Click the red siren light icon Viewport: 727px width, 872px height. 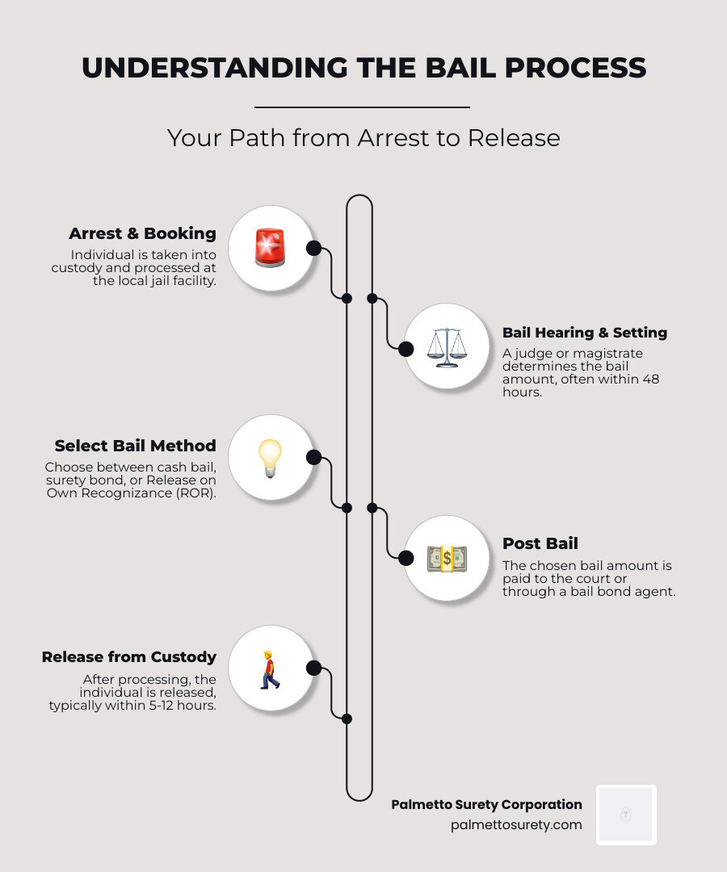coord(270,248)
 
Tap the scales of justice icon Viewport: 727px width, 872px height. coord(446,347)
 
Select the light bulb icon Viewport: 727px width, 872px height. coord(270,459)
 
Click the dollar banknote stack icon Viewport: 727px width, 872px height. coord(446,559)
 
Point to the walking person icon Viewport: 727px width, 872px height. coord(270,669)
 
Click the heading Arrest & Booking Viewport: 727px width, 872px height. coord(142,233)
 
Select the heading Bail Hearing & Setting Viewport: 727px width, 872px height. coord(584,333)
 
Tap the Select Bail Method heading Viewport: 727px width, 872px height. coord(135,446)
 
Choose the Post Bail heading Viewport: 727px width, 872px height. coord(540,543)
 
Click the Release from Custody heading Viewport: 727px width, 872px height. coord(128,657)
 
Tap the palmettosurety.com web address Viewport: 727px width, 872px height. coord(516,825)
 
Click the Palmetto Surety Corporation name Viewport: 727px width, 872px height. coord(486,804)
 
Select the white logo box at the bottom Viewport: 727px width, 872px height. coord(626,815)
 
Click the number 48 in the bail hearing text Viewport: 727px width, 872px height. coord(651,379)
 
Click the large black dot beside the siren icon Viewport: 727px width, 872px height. coord(314,248)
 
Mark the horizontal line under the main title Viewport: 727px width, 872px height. coord(362,107)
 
